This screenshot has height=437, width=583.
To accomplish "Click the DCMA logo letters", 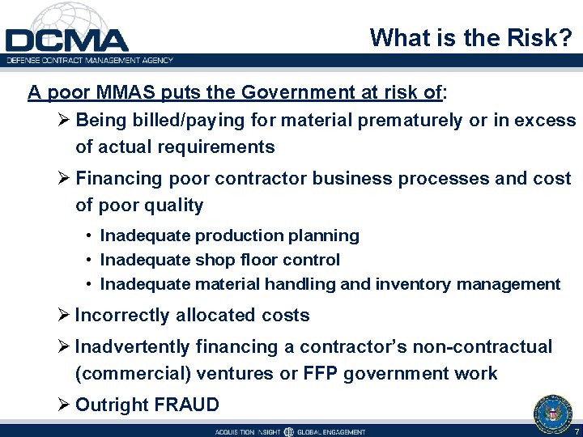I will coord(67,40).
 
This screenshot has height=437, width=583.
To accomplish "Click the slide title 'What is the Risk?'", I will coord(471,37).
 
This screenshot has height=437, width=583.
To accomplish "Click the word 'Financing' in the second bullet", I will coord(117,178).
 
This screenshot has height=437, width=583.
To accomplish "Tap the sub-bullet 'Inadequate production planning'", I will coord(229,235).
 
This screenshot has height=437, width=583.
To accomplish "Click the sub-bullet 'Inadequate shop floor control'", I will coord(219,260).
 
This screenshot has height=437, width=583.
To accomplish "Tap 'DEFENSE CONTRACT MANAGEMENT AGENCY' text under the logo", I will coord(89,60).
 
